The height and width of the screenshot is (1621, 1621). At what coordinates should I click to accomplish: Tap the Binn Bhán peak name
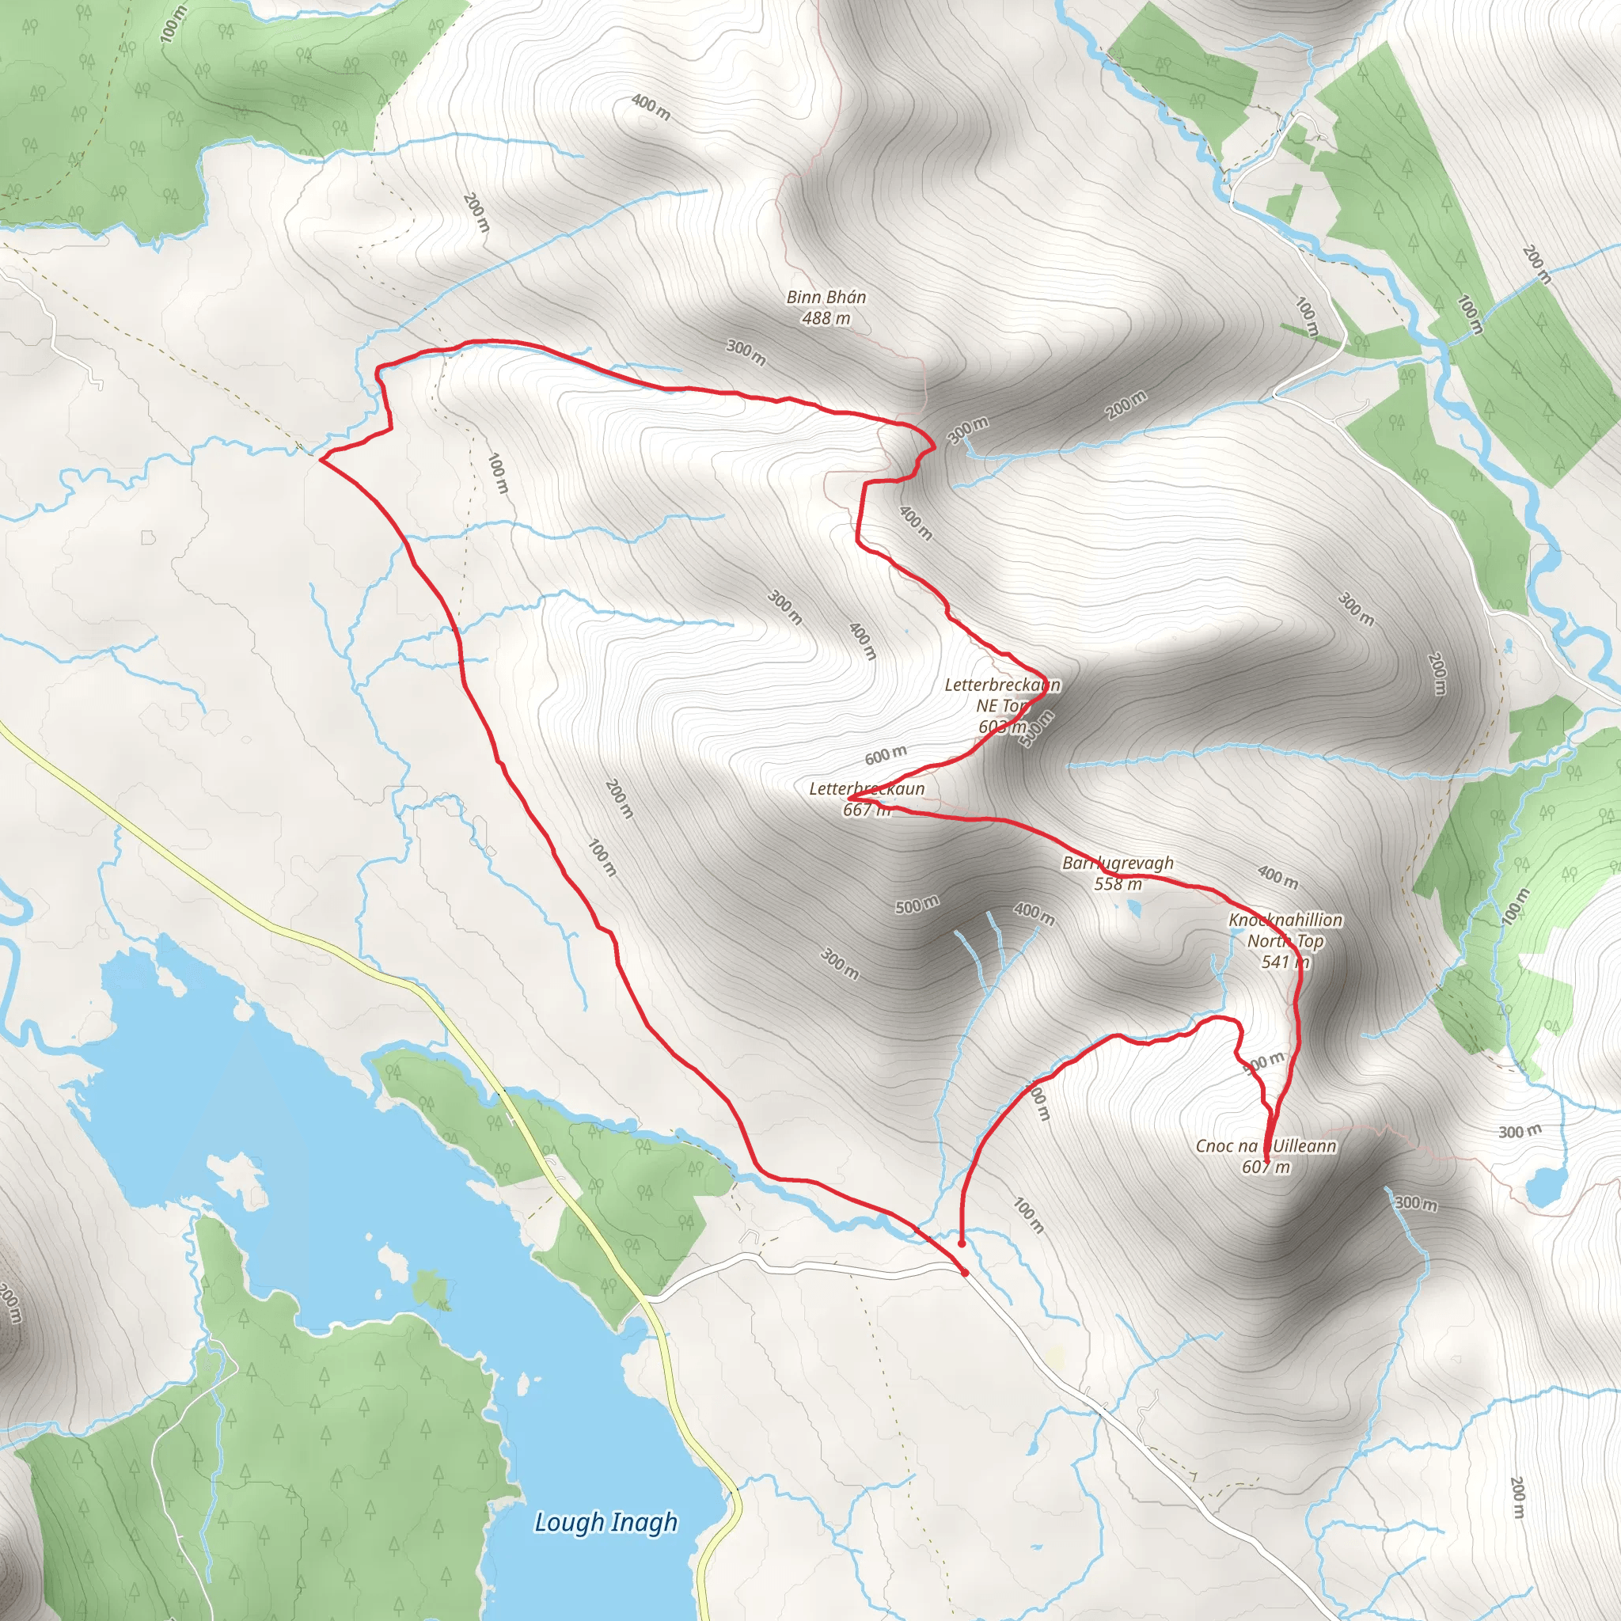pyautogui.click(x=826, y=297)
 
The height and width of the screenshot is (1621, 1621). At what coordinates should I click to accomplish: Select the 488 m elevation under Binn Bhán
pyautogui.click(x=826, y=318)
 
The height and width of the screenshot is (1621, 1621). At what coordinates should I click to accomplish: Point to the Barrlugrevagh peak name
pyautogui.click(x=1118, y=863)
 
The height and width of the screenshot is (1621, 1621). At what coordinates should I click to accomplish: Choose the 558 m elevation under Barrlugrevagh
pyautogui.click(x=1118, y=883)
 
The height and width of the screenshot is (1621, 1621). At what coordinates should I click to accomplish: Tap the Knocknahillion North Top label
pyautogui.click(x=1285, y=931)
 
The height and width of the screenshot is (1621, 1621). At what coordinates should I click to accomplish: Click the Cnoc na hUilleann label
pyautogui.click(x=1266, y=1145)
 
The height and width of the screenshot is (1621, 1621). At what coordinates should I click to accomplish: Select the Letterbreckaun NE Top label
pyautogui.click(x=1003, y=696)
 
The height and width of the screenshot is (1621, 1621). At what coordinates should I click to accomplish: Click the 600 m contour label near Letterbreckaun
pyautogui.click(x=886, y=755)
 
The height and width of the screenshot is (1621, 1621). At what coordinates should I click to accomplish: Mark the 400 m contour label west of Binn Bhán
pyautogui.click(x=651, y=107)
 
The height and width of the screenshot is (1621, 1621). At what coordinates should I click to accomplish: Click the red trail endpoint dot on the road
pyautogui.click(x=965, y=1273)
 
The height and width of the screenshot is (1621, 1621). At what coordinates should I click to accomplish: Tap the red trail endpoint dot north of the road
pyautogui.click(x=961, y=1243)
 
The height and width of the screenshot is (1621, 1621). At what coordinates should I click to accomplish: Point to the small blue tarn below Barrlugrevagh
pyautogui.click(x=1133, y=908)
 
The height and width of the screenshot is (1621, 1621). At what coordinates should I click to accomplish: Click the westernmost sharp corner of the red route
pyautogui.click(x=321, y=459)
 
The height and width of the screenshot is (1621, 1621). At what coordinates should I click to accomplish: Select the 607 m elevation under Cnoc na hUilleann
pyautogui.click(x=1266, y=1166)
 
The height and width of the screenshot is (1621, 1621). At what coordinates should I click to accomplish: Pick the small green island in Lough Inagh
pyautogui.click(x=431, y=1286)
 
